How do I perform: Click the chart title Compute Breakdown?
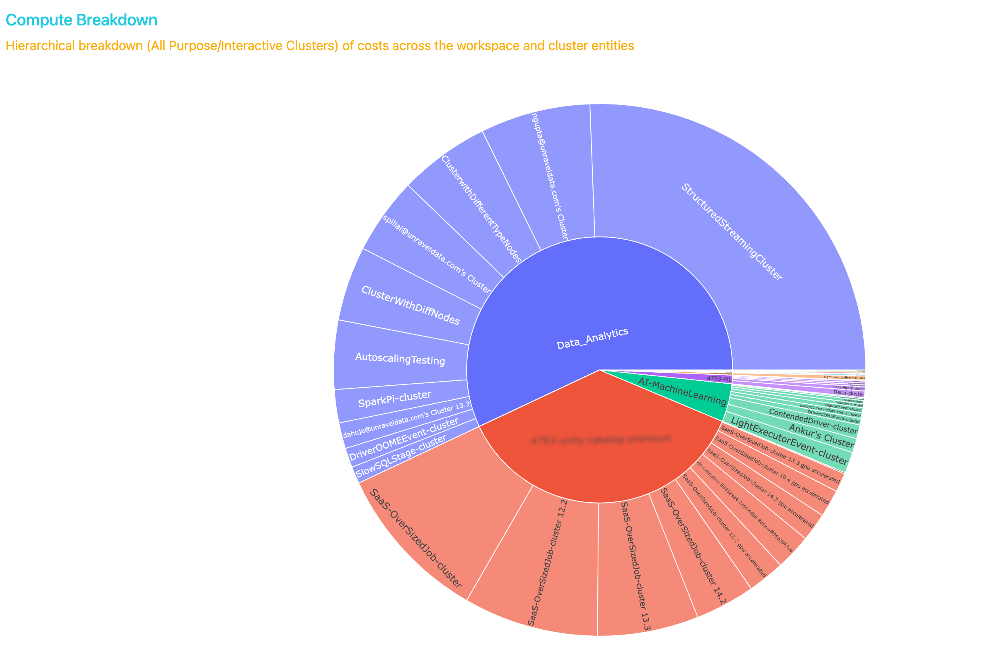tap(81, 20)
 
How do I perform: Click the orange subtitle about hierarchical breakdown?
tap(320, 46)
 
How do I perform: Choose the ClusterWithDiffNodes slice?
tap(410, 305)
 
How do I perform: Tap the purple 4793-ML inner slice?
tap(717, 378)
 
